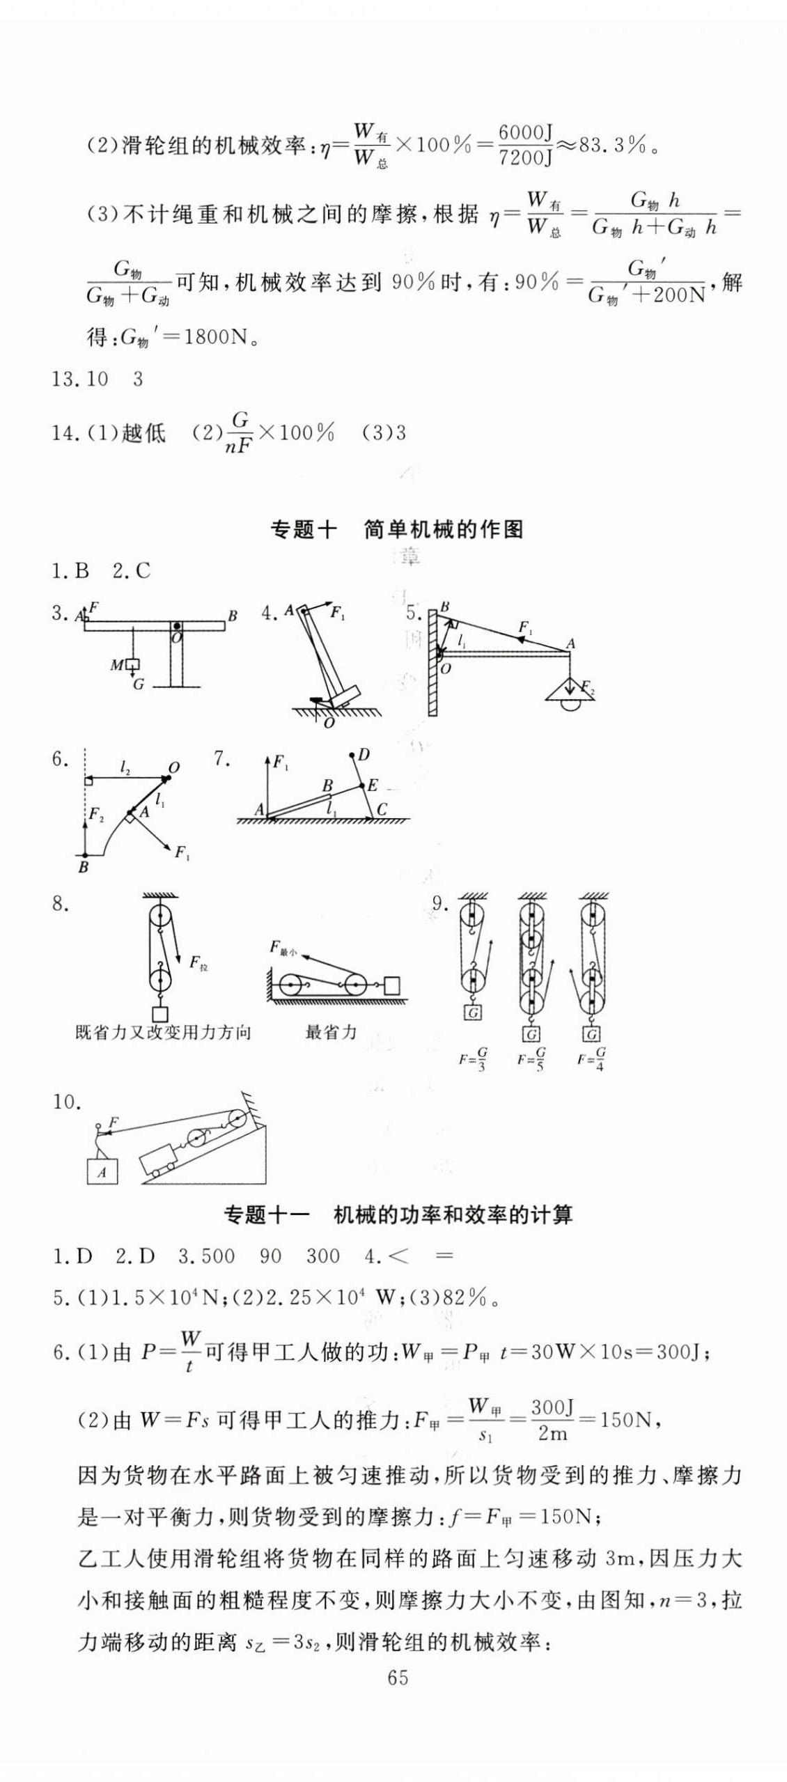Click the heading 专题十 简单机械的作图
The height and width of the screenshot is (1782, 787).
point(396,530)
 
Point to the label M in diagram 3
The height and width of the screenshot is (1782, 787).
point(116,666)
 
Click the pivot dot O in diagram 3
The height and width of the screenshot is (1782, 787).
point(178,626)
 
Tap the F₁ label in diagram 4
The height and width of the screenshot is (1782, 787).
point(338,613)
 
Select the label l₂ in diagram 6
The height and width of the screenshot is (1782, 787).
point(125,768)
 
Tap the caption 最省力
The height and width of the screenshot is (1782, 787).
point(331,1032)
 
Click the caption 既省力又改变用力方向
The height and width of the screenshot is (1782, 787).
point(162,1032)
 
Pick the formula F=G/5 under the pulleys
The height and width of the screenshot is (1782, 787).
point(531,1059)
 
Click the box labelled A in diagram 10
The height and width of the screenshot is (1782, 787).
point(102,1172)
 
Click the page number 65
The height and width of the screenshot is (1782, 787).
point(398,1678)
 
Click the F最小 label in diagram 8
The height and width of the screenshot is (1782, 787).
point(283,948)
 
